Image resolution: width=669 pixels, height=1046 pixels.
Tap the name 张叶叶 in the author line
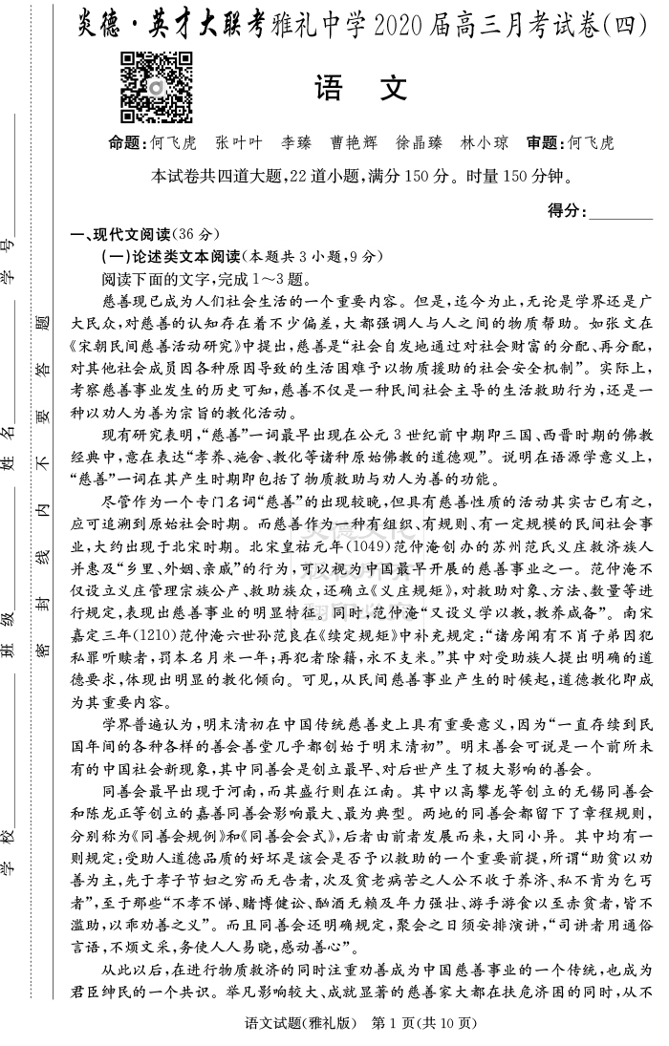[239, 143]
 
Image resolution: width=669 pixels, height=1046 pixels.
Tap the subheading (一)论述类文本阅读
[172, 257]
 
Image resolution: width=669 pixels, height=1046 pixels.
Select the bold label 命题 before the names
[129, 143]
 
